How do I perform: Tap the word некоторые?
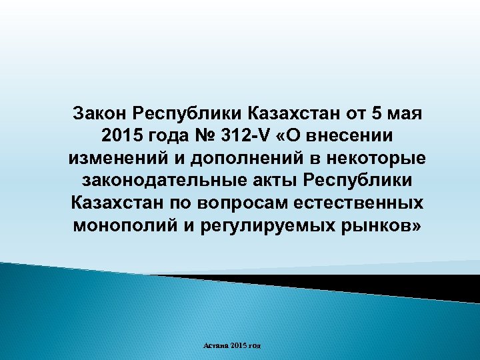(x=372, y=159)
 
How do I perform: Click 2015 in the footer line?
(x=239, y=345)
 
